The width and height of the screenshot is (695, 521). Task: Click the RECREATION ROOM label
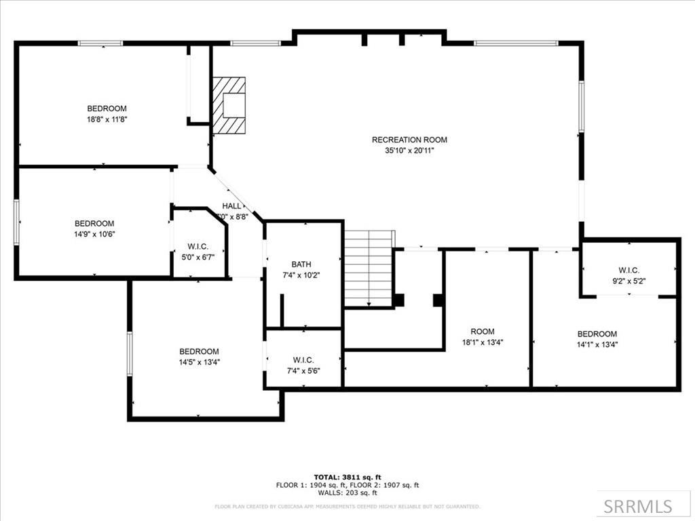409,140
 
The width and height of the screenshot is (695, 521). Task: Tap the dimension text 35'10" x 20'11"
409,151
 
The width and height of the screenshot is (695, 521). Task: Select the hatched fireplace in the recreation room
228,107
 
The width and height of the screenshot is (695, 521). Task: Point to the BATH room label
301,264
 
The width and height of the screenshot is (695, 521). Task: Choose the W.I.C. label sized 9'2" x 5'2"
628,269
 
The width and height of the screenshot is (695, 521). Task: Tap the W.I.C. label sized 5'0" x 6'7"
198,246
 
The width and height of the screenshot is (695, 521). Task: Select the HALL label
231,206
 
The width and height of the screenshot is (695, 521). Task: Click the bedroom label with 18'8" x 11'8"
107,109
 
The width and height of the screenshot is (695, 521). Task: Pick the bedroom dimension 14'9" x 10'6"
94,234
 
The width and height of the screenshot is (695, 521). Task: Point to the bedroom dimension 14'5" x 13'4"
199,362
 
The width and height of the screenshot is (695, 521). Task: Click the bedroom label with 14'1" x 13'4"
597,334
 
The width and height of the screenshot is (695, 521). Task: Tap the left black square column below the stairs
398,299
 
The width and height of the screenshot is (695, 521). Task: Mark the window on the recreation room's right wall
581,107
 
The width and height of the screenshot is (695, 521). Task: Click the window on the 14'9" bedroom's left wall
17,221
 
